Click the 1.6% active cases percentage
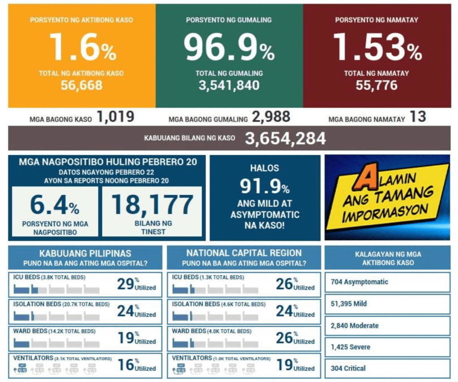click(82, 47)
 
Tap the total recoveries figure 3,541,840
click(229, 85)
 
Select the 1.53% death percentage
click(377, 47)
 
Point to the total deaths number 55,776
click(377, 85)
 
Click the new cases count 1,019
click(115, 118)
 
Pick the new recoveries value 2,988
click(271, 118)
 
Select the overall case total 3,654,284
click(285, 139)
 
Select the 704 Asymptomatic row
click(387, 282)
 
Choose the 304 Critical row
click(387, 368)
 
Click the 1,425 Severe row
click(387, 347)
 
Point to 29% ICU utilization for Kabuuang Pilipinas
click(126, 284)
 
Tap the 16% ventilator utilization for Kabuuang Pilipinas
click(126, 365)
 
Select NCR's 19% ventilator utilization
click(284, 365)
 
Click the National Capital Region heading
click(244, 253)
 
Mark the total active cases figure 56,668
click(82, 85)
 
